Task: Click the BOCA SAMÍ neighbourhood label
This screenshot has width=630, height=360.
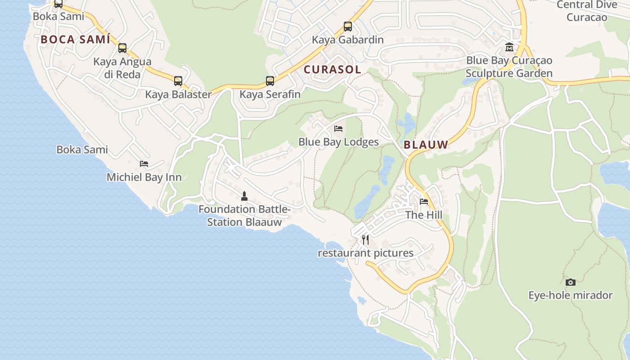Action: point(76,40)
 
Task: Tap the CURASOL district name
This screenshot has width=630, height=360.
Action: point(333,70)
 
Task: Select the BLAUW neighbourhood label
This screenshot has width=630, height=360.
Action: point(426,145)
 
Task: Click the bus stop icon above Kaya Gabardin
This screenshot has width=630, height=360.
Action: point(348,27)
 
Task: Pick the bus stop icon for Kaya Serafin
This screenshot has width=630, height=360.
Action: point(270,81)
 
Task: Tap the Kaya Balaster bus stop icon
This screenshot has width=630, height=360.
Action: point(178,81)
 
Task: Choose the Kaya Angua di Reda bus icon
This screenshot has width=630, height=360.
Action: point(122,48)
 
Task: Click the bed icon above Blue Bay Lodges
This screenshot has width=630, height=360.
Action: point(338,129)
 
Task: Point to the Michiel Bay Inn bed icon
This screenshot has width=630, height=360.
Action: point(144,164)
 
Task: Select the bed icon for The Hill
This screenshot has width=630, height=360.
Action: point(424,202)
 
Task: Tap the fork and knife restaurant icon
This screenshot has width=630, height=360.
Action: point(365,239)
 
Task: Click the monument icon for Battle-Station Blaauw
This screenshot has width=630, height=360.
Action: point(244,196)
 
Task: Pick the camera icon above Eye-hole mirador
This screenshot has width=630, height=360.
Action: point(571,282)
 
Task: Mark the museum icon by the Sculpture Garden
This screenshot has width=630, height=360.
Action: point(509,47)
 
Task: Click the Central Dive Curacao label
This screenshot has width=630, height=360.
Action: point(587,11)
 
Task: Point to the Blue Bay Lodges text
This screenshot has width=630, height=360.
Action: point(338,142)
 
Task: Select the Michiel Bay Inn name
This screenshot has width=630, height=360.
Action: point(144,177)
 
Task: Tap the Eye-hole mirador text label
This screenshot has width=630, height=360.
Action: point(571,296)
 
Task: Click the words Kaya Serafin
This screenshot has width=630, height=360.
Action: point(270,94)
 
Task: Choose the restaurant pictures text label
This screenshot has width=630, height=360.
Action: point(365,253)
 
